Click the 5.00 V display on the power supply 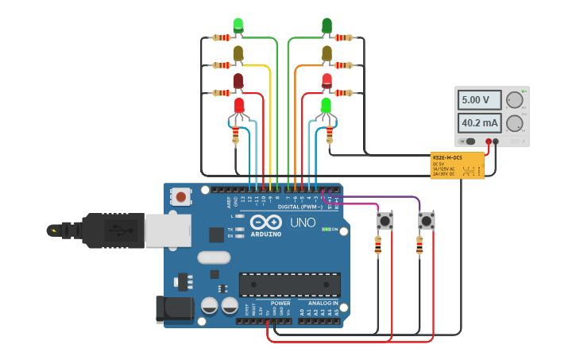[x=479, y=100]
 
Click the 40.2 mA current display [x=479, y=123]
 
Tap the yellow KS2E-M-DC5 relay [x=457, y=165]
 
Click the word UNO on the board [x=303, y=223]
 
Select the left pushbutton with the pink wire [x=385, y=220]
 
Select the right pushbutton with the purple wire [x=427, y=220]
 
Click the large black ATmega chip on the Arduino [x=289, y=285]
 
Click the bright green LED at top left [x=238, y=25]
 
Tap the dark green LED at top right [x=327, y=25]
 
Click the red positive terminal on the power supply [x=489, y=141]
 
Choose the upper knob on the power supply [x=515, y=100]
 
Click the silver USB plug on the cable [x=166, y=230]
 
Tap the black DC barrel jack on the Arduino [x=174, y=308]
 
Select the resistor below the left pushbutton [x=377, y=247]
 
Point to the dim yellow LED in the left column [x=238, y=53]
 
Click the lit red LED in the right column [x=327, y=80]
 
